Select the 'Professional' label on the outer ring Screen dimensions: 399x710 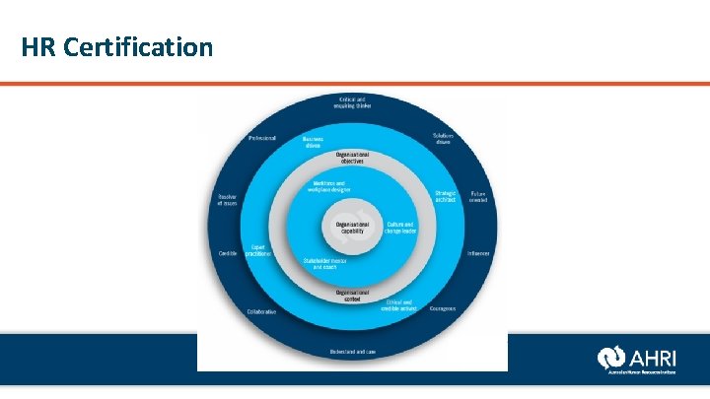(261, 138)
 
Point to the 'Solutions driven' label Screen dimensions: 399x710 (443, 138)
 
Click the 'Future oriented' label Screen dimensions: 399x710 (477, 196)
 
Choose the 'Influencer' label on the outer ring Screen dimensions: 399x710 (479, 253)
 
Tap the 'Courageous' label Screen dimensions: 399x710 (443, 308)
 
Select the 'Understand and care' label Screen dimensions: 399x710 (352, 352)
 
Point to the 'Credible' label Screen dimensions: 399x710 (228, 253)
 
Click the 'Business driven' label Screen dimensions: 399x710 (313, 142)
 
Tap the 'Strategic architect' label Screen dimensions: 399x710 (445, 196)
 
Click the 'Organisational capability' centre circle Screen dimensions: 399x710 (352, 227)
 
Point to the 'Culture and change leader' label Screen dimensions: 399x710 (399, 228)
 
